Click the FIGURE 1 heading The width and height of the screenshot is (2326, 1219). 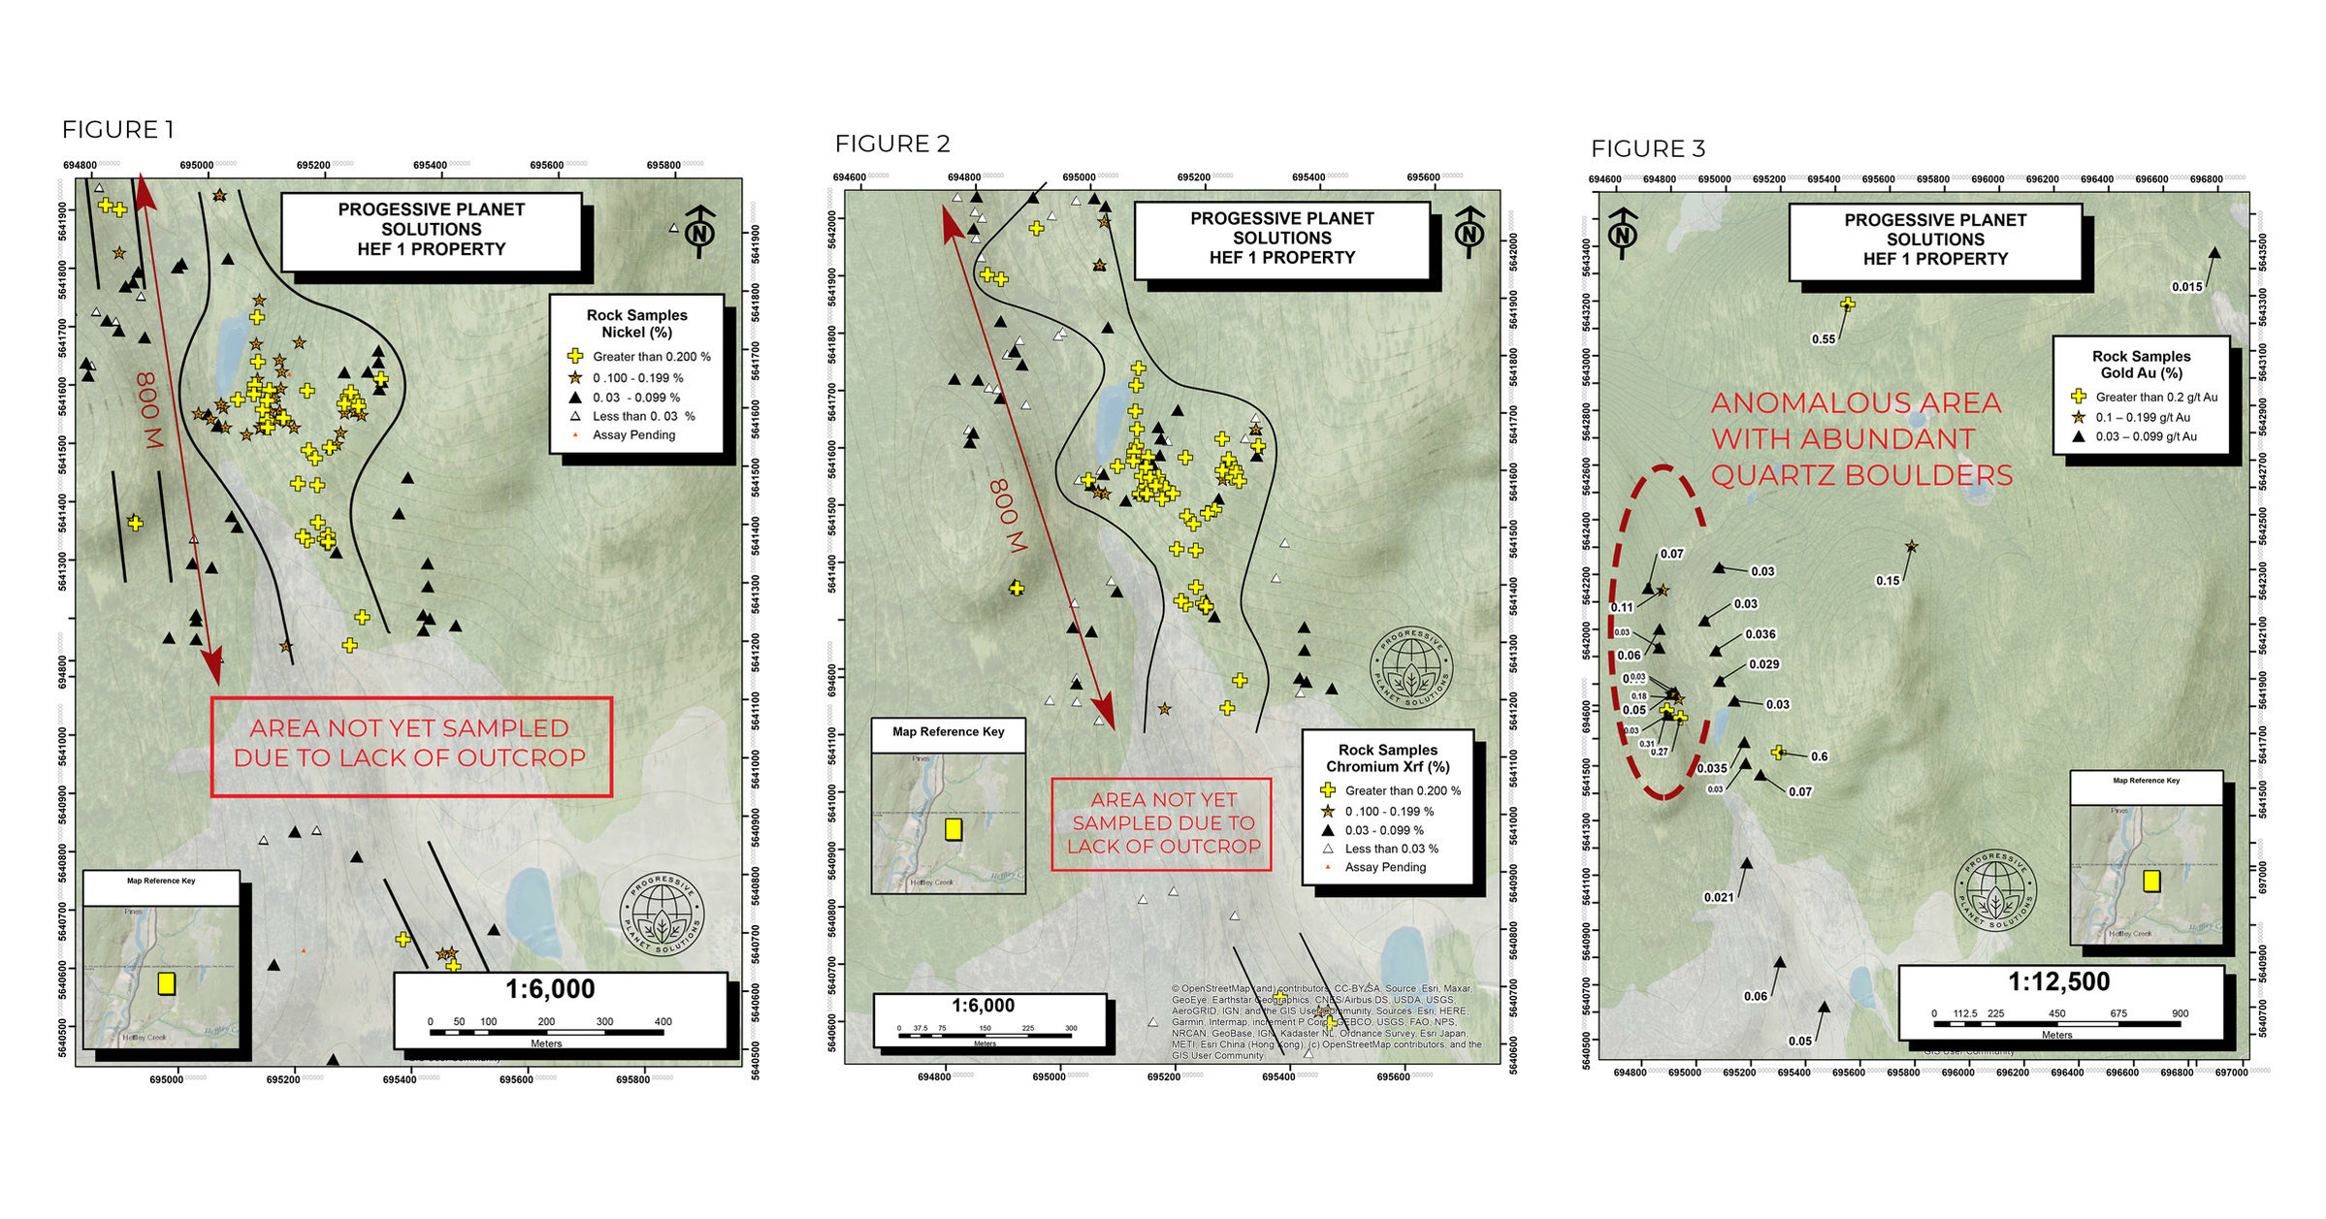point(117,130)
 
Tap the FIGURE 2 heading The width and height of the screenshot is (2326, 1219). point(891,144)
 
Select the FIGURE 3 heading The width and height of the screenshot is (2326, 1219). point(1647,149)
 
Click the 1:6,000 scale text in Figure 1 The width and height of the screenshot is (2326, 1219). point(549,989)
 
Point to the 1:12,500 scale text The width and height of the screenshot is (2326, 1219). point(2057,982)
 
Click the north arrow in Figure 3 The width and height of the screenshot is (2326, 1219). point(1623,233)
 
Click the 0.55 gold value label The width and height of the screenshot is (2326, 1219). point(1823,339)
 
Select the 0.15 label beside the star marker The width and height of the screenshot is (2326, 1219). point(1887,581)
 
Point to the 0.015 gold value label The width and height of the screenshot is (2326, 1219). point(2186,287)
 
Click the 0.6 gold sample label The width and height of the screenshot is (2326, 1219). point(1819,756)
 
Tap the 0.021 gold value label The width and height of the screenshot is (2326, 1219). point(1718,898)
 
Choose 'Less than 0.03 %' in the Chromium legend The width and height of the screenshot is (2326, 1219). point(1391,849)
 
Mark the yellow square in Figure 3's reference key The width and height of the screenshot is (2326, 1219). point(2151,881)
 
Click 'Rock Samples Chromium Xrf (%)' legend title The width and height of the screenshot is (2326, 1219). point(1387,758)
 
